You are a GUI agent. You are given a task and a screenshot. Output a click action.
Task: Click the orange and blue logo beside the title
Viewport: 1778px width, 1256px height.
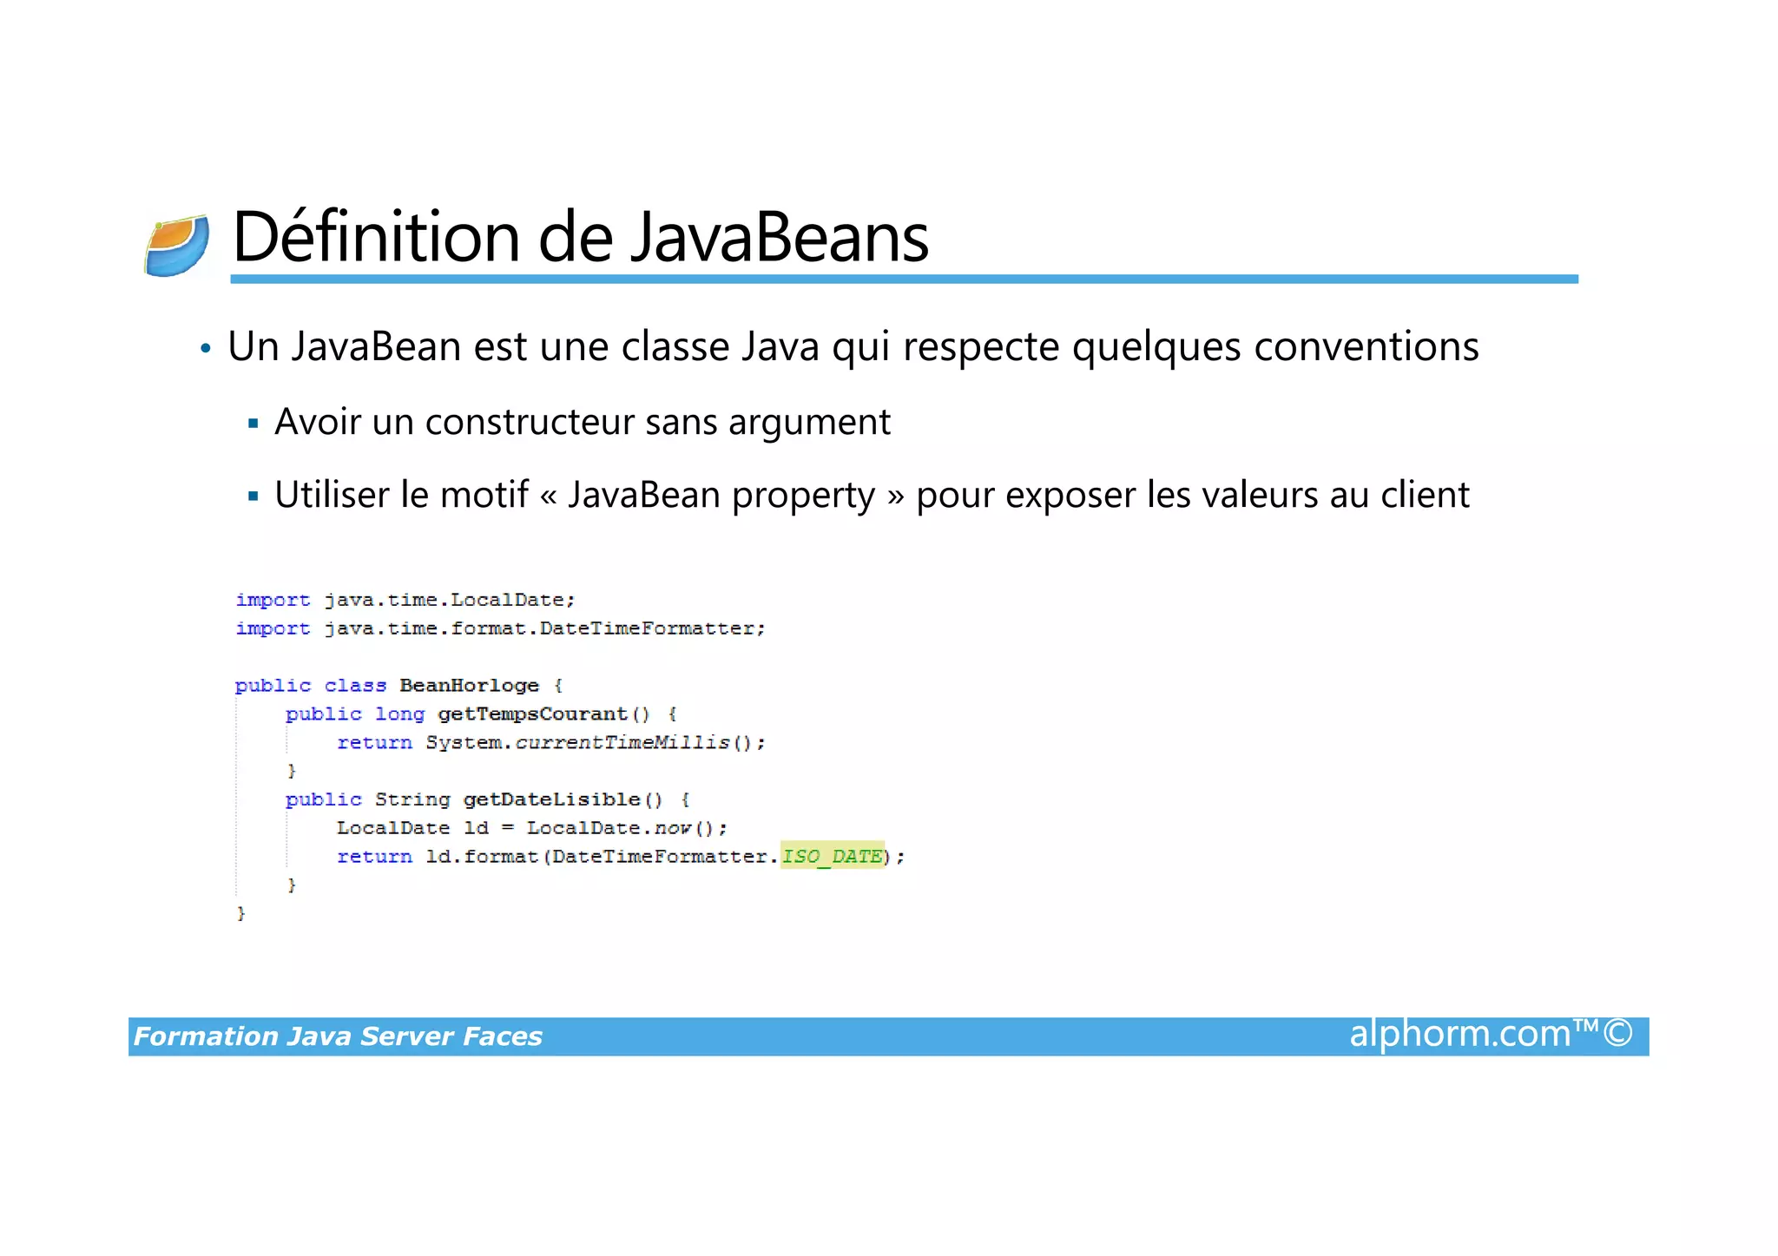pos(177,247)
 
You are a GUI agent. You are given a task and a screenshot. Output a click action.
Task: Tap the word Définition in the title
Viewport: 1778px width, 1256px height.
pos(378,237)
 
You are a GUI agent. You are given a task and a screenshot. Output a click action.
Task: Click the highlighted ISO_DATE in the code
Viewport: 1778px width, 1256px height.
pos(832,857)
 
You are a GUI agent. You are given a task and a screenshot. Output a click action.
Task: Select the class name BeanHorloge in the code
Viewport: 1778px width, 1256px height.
pos(469,686)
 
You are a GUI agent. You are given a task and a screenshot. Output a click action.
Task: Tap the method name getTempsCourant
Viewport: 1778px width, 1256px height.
pos(532,714)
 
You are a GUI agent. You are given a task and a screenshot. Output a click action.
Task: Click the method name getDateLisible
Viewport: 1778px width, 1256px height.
pos(551,799)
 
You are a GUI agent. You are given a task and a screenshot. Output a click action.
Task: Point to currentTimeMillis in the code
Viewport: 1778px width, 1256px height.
pos(622,743)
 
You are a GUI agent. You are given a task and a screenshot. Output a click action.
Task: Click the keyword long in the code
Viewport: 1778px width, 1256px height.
pos(399,714)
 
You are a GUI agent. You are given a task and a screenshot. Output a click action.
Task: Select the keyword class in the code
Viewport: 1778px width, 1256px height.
pos(355,686)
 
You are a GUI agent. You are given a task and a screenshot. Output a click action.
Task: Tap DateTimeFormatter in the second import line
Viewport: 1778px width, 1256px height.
pos(647,628)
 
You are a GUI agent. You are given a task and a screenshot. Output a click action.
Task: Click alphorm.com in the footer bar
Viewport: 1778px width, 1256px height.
pos(1459,1035)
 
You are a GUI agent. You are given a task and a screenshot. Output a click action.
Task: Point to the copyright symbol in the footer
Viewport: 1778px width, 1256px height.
pos(1617,1034)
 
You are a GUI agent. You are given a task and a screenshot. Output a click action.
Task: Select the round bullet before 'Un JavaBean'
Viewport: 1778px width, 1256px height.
pos(206,349)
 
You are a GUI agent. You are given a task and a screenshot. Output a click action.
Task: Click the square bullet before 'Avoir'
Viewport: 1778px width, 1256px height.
pos(254,424)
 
